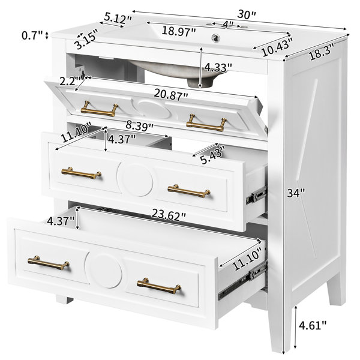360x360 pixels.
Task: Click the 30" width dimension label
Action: (x=246, y=14)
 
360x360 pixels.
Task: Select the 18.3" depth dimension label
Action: (x=321, y=53)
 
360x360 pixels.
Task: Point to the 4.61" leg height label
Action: (x=313, y=325)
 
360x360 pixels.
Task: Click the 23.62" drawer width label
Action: (x=169, y=215)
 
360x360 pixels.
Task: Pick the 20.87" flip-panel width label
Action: (x=171, y=95)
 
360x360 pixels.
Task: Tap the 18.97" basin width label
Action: (x=179, y=31)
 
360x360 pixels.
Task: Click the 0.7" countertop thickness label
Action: (x=32, y=35)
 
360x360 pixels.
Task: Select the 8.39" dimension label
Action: (x=139, y=125)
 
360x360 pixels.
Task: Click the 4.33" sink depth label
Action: (x=218, y=67)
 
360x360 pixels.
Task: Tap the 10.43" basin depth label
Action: (x=277, y=49)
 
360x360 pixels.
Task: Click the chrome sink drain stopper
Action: (x=215, y=37)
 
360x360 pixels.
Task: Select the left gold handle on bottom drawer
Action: (x=49, y=263)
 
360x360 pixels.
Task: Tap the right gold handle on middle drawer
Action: (x=189, y=191)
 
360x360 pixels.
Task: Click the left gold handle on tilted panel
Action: (x=100, y=109)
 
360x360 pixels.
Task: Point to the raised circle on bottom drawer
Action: (x=103, y=271)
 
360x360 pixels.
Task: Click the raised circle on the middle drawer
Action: (x=135, y=180)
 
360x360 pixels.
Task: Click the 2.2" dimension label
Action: (x=68, y=81)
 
